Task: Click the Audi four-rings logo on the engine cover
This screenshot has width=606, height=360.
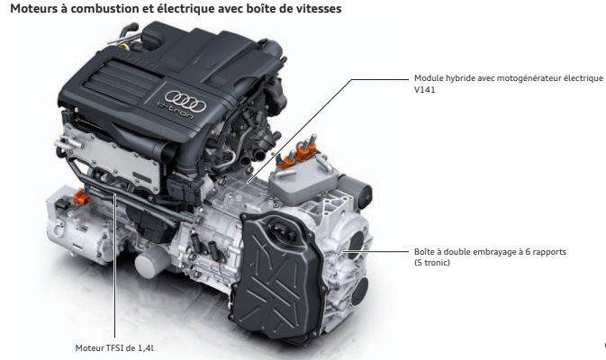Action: [185, 100]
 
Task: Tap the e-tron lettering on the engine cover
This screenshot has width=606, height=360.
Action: [176, 110]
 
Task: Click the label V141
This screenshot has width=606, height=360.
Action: [424, 90]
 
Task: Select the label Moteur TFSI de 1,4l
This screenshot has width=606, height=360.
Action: [114, 348]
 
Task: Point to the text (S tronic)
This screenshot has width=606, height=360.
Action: [432, 263]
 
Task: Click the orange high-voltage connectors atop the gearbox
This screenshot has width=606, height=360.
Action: [298, 155]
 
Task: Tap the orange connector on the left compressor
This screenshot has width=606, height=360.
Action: [82, 198]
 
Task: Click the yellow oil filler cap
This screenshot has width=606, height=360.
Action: [125, 47]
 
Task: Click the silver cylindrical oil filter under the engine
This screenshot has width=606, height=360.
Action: [149, 262]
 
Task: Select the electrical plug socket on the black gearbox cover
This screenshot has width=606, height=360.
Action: [282, 230]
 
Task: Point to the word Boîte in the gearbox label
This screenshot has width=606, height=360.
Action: [424, 252]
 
